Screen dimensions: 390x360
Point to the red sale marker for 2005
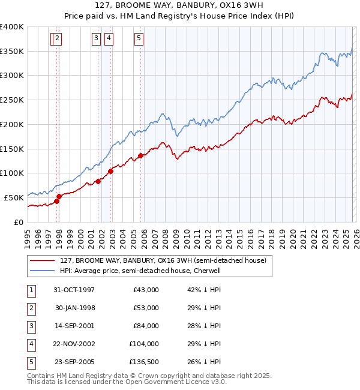(141, 155)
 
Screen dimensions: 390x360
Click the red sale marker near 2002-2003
(111, 171)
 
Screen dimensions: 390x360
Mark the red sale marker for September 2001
(98, 181)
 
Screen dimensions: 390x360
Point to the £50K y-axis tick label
(14, 197)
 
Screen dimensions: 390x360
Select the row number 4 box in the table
(31, 344)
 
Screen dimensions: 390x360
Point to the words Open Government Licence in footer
(174, 382)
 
